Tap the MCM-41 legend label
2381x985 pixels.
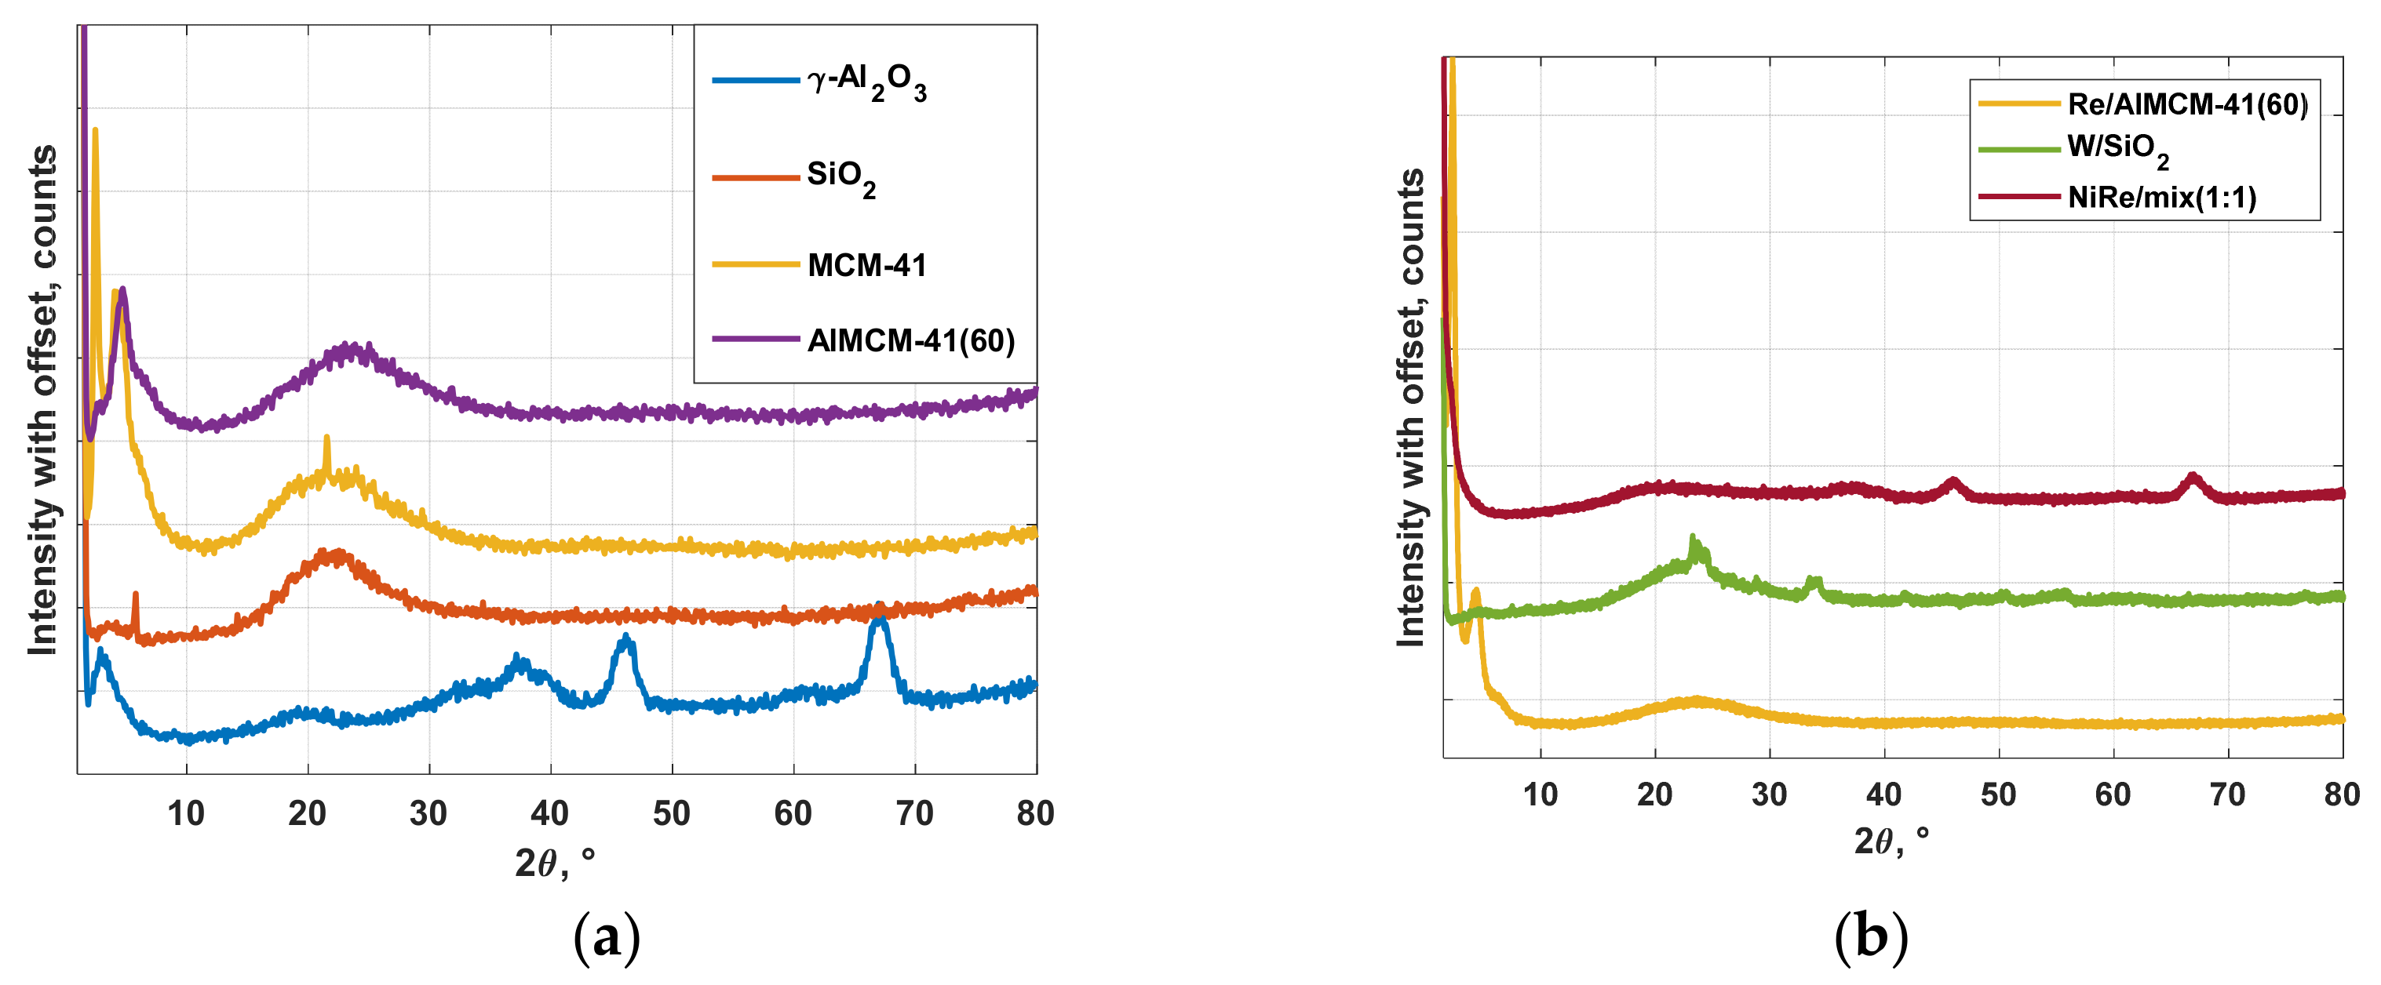click(866, 265)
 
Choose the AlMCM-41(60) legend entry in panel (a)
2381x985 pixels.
click(910, 340)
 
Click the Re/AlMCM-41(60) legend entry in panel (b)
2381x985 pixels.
click(2186, 104)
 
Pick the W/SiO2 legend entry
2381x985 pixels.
click(2117, 149)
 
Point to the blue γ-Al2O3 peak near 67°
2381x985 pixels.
click(878, 617)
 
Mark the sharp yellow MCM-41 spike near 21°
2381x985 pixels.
click(326, 441)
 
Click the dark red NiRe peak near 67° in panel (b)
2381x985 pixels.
click(2193, 478)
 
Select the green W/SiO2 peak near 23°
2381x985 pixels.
click(1693, 540)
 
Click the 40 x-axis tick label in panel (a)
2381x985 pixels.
click(550, 813)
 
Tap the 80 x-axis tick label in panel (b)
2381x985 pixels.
click(2341, 794)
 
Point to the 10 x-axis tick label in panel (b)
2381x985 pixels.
click(1540, 794)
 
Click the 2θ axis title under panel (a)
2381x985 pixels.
click(555, 863)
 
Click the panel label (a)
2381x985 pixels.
click(607, 936)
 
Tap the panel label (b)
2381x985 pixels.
click(1871, 936)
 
